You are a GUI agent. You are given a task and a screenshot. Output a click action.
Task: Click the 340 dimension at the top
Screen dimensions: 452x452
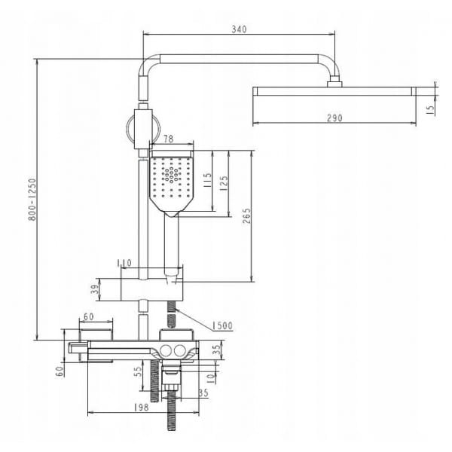[239, 29]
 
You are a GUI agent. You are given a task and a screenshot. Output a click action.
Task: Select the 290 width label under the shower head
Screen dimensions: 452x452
[334, 118]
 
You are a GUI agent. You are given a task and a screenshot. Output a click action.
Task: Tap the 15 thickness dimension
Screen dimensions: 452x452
[430, 110]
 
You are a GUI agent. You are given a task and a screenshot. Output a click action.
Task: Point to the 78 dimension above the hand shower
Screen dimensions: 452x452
[168, 139]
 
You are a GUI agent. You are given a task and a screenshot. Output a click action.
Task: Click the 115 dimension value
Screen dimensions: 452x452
[207, 180]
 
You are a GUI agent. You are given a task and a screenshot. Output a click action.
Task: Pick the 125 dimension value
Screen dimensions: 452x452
[224, 183]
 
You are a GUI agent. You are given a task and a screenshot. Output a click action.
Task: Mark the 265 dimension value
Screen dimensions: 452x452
[247, 216]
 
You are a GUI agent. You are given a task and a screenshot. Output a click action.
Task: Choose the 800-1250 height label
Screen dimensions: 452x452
[32, 200]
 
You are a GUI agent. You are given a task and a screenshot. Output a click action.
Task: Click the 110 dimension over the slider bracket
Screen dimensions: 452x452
[124, 263]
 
